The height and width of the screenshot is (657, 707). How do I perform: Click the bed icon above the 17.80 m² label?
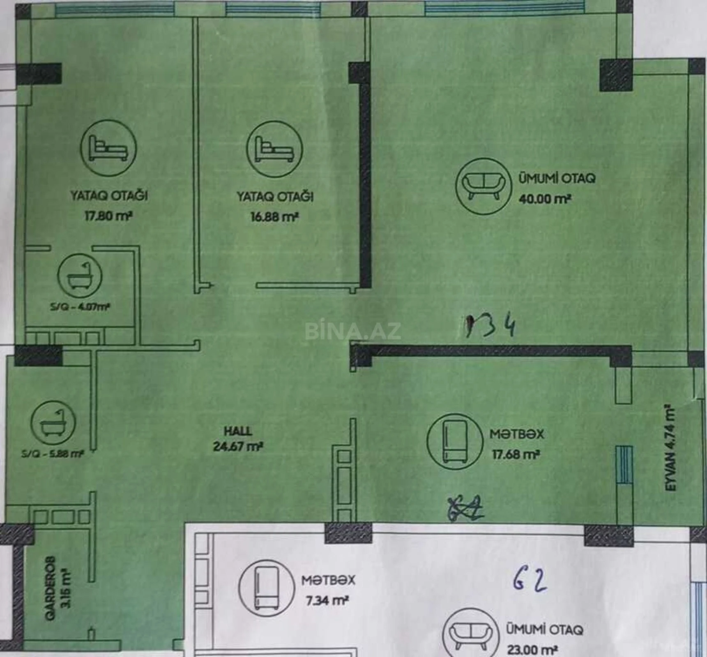(x=108, y=148)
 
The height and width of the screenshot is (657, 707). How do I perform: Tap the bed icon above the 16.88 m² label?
(x=274, y=149)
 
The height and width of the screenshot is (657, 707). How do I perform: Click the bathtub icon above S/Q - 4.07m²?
(x=80, y=276)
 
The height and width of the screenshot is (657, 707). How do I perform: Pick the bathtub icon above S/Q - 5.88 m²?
(x=53, y=423)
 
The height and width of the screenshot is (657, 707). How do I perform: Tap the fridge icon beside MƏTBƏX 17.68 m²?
(x=455, y=441)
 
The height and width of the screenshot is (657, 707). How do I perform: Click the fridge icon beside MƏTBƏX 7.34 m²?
(x=267, y=588)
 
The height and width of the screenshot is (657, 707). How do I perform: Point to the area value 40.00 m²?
(x=545, y=199)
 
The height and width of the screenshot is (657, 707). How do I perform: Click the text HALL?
(x=238, y=431)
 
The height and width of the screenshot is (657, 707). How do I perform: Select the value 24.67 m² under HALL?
(x=238, y=446)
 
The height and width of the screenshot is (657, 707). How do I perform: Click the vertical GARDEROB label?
(x=50, y=588)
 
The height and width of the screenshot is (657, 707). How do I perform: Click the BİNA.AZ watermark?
(x=353, y=331)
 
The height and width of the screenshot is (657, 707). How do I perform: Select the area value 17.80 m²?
(x=108, y=216)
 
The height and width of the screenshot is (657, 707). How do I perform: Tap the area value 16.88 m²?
(x=274, y=217)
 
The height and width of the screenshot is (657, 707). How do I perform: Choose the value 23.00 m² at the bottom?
(x=532, y=650)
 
